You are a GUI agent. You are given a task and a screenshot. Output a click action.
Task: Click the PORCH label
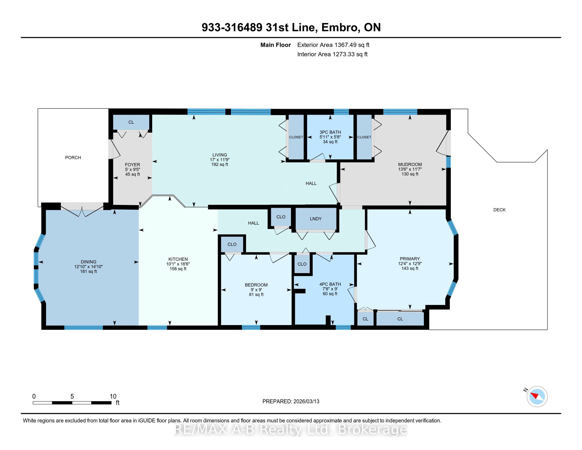coord(73,157)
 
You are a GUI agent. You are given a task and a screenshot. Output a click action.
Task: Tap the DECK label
coord(499,210)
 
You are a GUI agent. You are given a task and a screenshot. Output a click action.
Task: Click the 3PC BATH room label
coord(330,132)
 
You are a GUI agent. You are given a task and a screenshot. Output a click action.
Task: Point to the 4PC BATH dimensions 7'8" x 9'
coord(330,289)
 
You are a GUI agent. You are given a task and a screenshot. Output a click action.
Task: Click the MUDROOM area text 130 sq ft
coord(410,174)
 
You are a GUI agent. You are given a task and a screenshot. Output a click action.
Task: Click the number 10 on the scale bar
coord(113,397)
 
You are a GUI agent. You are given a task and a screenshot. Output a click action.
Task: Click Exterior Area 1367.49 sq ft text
coord(333,45)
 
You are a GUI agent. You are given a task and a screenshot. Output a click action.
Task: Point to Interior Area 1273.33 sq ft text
coord(332,54)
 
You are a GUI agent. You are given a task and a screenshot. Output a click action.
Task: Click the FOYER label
coord(133,165)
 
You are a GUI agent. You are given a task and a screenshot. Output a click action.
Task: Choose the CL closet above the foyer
coord(131,122)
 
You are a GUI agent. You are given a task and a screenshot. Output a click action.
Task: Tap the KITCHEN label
coord(178,259)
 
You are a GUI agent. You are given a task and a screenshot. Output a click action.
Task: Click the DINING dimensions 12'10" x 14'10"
coord(88,267)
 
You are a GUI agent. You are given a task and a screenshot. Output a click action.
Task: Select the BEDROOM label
coord(256,285)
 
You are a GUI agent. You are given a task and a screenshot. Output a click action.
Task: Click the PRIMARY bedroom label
coord(410,259)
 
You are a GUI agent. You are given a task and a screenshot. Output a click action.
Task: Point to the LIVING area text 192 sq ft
coord(220,164)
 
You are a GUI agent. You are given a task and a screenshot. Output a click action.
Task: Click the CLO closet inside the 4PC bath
coord(302,264)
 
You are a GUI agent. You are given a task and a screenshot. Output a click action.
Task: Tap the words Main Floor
coord(276,45)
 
